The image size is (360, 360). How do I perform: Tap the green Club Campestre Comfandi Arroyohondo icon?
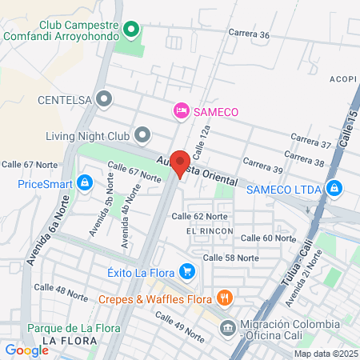133,30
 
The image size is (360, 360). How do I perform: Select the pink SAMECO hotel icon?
182,110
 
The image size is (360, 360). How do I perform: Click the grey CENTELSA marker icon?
104,99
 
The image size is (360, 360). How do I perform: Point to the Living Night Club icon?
142,134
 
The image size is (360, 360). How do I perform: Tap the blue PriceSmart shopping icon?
83,183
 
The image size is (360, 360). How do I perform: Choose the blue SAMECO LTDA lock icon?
334,190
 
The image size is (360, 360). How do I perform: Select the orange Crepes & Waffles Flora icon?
225,299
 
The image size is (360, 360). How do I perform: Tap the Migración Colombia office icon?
228,327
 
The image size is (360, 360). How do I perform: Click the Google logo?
26,350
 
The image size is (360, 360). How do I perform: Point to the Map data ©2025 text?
325,354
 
